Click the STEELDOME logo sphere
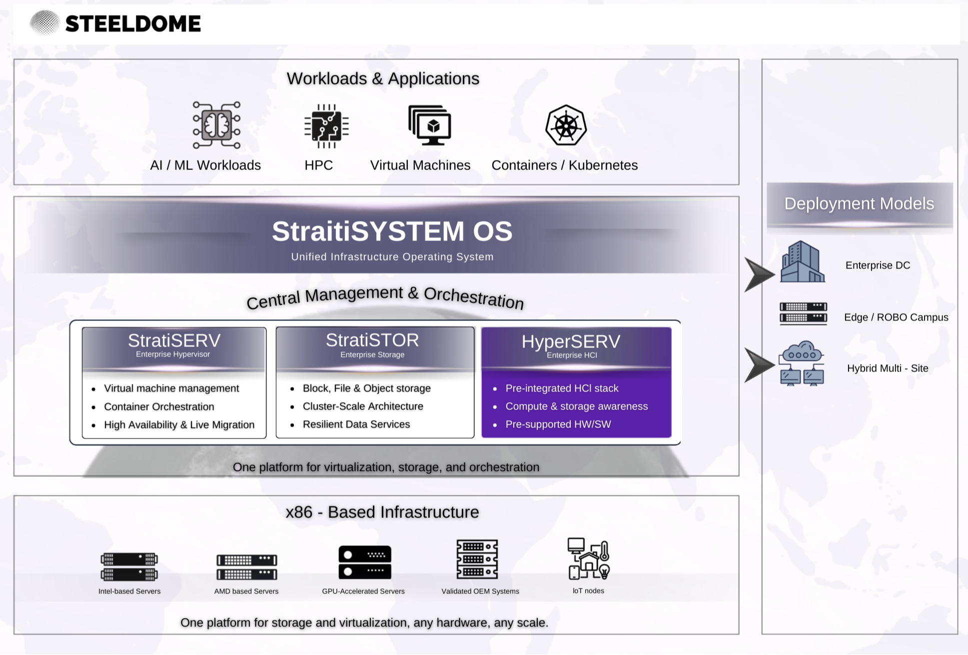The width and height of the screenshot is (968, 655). click(x=44, y=23)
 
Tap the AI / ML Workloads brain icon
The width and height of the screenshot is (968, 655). click(x=216, y=125)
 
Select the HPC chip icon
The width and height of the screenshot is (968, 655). click(x=326, y=126)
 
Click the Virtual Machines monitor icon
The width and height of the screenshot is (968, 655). click(x=430, y=125)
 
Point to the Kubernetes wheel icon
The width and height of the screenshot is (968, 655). click(x=566, y=125)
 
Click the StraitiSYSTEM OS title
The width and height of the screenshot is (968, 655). click(x=392, y=231)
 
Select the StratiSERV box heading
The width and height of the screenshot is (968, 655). click(x=174, y=341)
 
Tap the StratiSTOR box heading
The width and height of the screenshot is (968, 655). click(x=372, y=340)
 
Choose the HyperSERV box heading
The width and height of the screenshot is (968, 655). click(x=571, y=342)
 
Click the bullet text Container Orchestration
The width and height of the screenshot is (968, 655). click(x=159, y=406)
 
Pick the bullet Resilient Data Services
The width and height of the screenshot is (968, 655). click(x=356, y=424)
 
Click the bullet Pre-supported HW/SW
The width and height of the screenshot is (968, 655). click(x=558, y=424)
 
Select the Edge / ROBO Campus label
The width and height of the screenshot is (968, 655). click(x=896, y=317)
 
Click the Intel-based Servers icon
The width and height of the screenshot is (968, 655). click(x=129, y=566)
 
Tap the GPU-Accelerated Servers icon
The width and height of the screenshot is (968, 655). click(x=364, y=562)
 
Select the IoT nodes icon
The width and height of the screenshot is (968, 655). click(x=588, y=558)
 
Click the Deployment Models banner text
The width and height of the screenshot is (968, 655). click(x=859, y=203)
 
